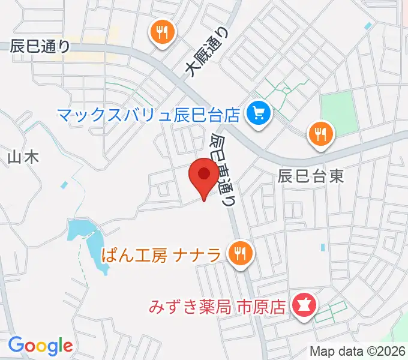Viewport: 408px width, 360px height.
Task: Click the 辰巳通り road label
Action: pos(40,46)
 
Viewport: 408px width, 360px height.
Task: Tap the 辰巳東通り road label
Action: pos(222,169)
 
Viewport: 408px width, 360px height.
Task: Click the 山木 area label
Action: pos(23,158)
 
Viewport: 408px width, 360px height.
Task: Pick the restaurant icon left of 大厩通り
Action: pos(161,32)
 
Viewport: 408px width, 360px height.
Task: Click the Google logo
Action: pos(40,346)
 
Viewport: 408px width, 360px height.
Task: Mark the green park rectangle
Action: pos(339,113)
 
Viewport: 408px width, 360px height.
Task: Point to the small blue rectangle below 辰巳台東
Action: pos(323,247)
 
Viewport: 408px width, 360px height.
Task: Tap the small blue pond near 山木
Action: pos(64,185)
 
